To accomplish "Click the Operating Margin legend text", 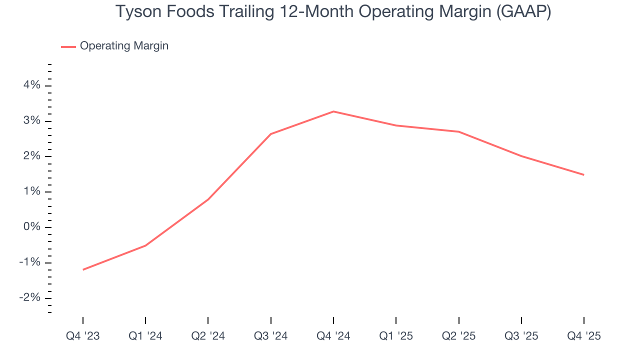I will tap(124, 46).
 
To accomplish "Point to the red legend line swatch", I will tap(68, 46).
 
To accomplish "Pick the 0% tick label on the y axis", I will tap(31, 227).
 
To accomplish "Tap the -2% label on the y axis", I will tap(29, 298).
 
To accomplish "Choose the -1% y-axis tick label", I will tap(29, 263).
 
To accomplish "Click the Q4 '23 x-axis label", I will tap(83, 336).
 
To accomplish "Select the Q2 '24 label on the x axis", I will tap(208, 336).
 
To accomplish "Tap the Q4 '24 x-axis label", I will tap(333, 336).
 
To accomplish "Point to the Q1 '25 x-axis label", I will tap(396, 336).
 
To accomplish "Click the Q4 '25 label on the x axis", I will tap(584, 336).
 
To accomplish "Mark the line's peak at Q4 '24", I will tap(333, 111).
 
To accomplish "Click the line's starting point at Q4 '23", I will tap(83, 269).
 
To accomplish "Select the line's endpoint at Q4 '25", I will tap(583, 174).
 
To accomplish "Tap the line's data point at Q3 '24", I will tap(270, 134).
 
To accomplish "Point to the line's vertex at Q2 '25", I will tap(458, 131).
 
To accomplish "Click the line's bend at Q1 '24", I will tap(145, 245).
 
